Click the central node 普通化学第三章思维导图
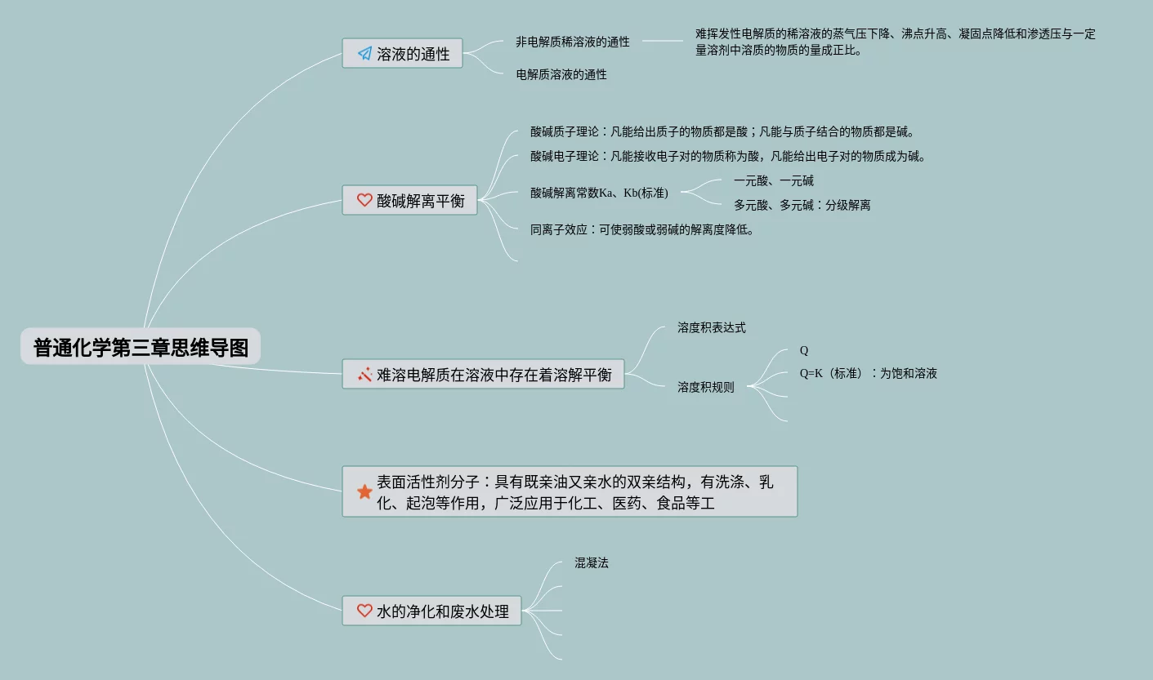tap(141, 347)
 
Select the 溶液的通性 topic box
tap(402, 54)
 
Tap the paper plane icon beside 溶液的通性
tap(364, 54)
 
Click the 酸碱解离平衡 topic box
tap(409, 200)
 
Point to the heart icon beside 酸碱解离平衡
tap(364, 200)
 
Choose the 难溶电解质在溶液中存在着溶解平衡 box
tap(483, 375)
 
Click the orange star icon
tap(364, 492)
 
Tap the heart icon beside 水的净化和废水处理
tap(364, 611)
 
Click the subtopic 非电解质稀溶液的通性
tap(572, 42)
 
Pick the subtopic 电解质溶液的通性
tap(561, 74)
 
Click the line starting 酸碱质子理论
tap(722, 131)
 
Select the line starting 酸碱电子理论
tap(727, 156)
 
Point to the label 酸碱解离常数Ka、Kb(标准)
tap(599, 193)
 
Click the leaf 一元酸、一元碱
tap(773, 180)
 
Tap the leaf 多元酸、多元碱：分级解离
tap(802, 205)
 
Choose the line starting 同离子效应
tap(641, 229)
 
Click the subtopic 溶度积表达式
tap(711, 327)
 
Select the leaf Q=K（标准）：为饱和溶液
tap(868, 373)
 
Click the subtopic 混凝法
tap(591, 562)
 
